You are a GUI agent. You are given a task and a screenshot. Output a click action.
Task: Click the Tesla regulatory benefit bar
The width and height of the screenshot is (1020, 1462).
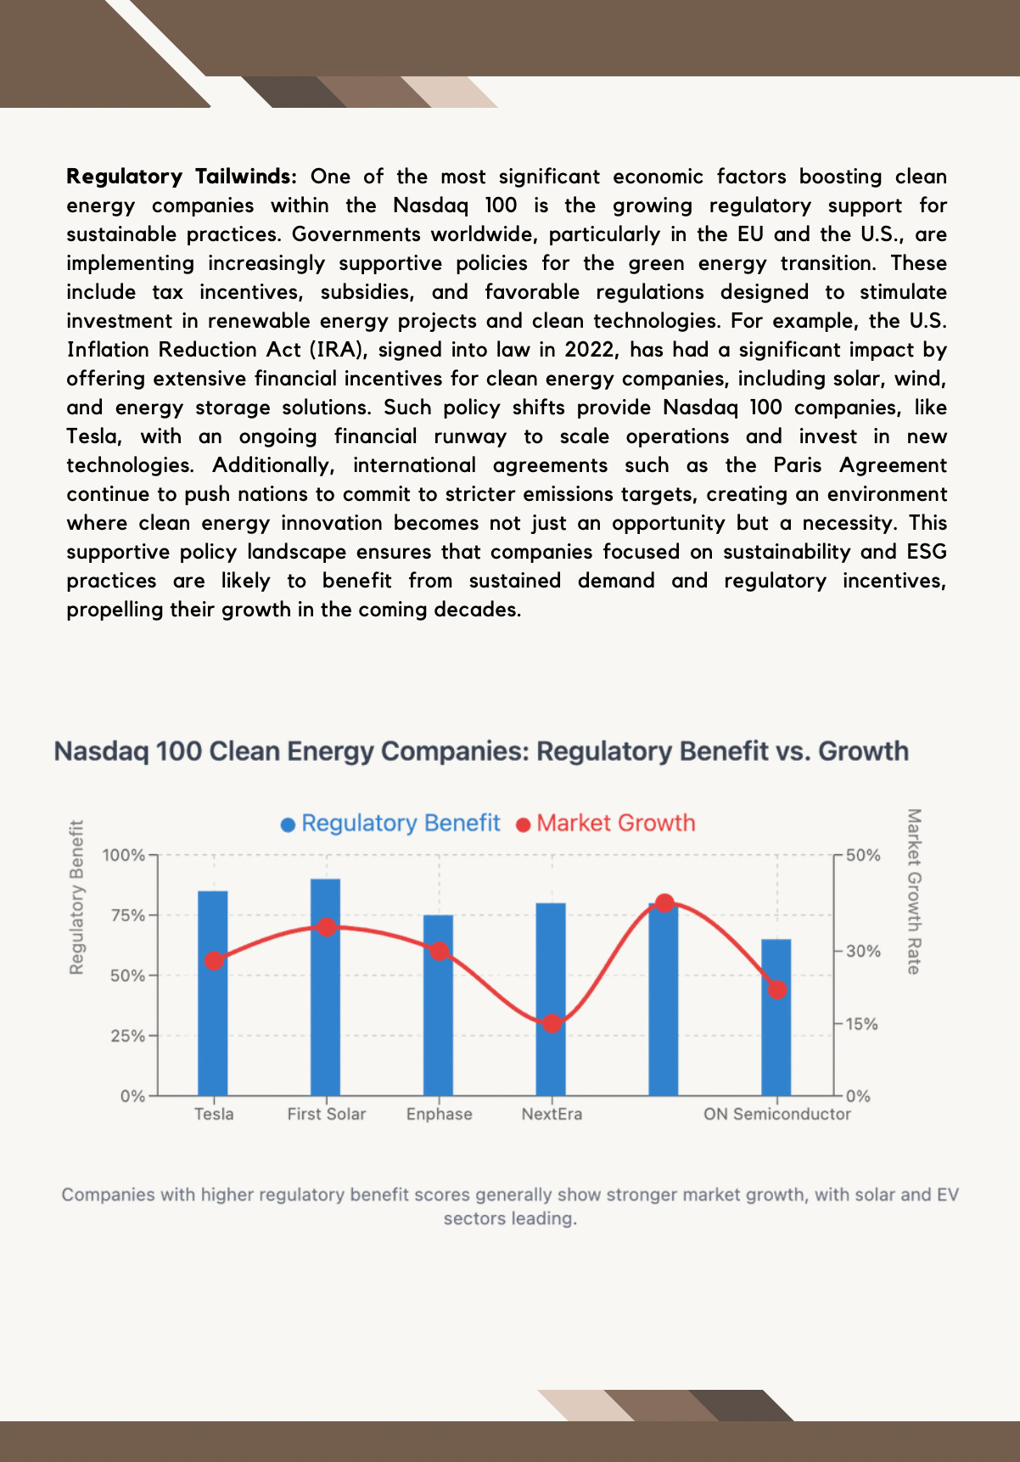coord(213,993)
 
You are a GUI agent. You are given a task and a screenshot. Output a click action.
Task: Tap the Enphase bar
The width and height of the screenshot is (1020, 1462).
coord(439,1005)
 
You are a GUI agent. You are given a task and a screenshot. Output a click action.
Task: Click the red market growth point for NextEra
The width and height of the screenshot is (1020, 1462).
coord(552,1024)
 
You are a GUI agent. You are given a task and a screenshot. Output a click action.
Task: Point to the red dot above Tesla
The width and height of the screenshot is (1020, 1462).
coord(215,961)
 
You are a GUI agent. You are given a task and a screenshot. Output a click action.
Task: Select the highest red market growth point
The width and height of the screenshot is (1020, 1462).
coord(665,903)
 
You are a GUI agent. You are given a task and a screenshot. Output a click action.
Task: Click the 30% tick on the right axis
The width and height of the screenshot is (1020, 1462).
coord(862,952)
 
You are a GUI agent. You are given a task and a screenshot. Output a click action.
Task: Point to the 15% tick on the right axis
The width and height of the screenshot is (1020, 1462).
coord(861,1024)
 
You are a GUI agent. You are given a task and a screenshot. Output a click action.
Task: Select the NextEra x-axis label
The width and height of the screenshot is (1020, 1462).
coord(552,1114)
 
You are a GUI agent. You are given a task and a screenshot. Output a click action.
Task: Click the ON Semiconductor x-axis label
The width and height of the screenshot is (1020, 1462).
coord(776,1114)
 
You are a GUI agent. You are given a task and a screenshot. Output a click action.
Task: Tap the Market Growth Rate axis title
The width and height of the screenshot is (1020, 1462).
coord(914,891)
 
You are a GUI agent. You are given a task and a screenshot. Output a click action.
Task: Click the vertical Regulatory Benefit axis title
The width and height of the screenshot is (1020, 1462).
coord(76,897)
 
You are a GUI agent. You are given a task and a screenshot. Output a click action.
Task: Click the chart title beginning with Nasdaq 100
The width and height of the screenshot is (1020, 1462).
coord(481,751)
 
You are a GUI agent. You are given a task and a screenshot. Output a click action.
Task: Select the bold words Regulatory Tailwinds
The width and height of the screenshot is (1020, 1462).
coord(182,177)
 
